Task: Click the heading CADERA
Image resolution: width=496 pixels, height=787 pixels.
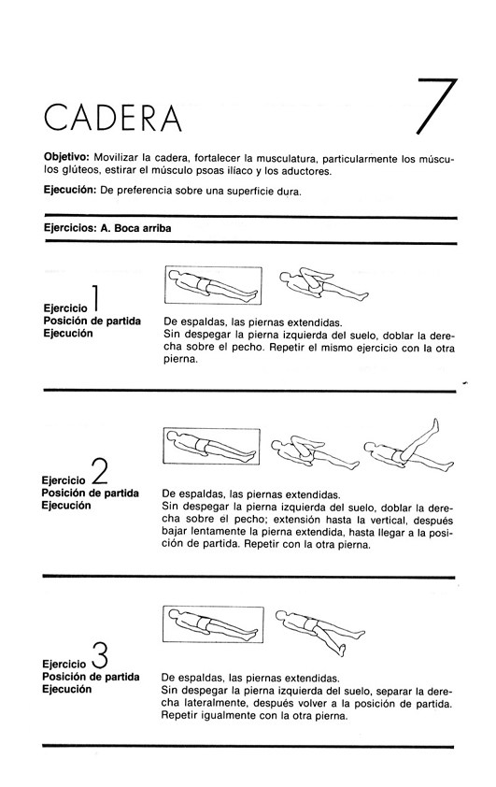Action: [112, 118]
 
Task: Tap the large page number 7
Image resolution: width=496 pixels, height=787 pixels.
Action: [437, 107]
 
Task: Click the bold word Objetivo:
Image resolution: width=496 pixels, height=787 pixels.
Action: [66, 159]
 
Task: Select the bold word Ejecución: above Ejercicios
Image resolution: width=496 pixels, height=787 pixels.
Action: [70, 190]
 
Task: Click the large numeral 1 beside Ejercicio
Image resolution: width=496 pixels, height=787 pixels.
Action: [95, 298]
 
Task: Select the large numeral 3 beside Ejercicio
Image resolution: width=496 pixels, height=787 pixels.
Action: [100, 655]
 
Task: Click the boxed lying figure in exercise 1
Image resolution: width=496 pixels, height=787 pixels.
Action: [213, 285]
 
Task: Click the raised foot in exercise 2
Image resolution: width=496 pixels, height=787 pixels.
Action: [435, 425]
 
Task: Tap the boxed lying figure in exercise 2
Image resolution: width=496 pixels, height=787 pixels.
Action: [212, 446]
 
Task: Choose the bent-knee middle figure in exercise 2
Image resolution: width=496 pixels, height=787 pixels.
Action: [315, 452]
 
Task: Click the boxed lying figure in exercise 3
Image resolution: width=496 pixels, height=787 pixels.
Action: [213, 623]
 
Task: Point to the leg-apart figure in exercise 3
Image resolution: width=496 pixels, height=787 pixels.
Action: [320, 632]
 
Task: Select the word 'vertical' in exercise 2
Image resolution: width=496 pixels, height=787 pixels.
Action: [386, 520]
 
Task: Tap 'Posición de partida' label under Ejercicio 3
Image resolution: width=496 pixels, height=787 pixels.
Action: [91, 677]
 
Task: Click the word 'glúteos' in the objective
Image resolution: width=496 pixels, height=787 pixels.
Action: [79, 171]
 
